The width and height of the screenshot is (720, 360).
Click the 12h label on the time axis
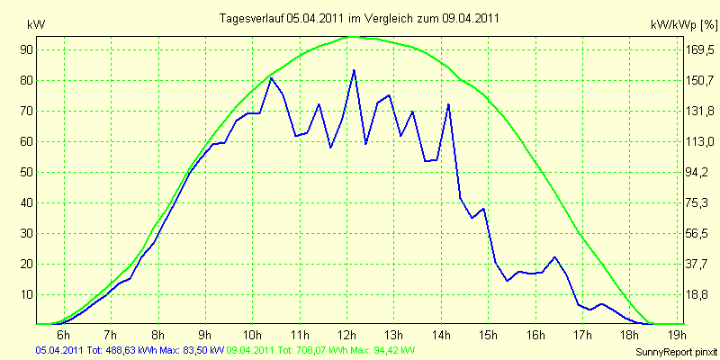pos(347,334)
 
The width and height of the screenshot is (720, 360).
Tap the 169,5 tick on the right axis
pos(698,49)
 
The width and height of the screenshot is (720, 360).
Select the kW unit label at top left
pos(36,25)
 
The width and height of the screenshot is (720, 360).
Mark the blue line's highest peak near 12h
pos(354,70)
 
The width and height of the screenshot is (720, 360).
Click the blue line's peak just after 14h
pos(448,104)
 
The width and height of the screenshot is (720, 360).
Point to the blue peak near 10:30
pos(272,78)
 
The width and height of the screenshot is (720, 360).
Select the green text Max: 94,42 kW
pos(385,351)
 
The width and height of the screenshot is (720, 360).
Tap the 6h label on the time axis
pos(63,334)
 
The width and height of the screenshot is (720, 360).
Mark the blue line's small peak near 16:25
pos(554,257)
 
